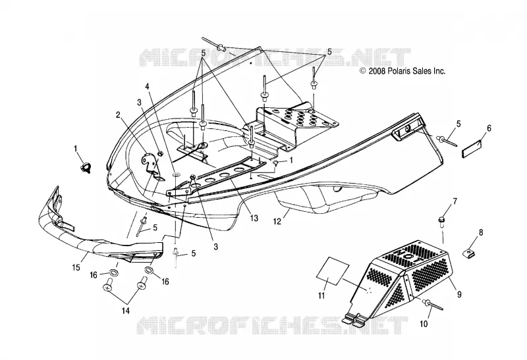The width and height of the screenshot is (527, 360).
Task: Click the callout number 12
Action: [x=277, y=222]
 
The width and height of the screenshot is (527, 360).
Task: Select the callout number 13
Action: [x=254, y=219]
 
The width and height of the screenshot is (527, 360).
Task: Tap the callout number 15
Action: [x=76, y=267]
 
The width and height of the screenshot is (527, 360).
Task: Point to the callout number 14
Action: [x=125, y=311]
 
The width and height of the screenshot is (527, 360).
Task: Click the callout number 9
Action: [x=459, y=294]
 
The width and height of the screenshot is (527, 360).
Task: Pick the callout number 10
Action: [x=424, y=324]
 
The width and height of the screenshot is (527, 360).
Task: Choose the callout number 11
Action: [x=321, y=296]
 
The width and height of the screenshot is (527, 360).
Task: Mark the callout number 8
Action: [x=481, y=232]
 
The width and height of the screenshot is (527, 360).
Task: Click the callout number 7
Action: [x=455, y=201]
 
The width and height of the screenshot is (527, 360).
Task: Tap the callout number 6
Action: [x=489, y=128]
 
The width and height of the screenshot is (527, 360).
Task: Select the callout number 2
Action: [x=118, y=115]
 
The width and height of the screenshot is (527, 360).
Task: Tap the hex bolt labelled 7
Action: [x=441, y=220]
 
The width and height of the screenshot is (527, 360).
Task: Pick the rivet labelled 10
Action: [x=432, y=305]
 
